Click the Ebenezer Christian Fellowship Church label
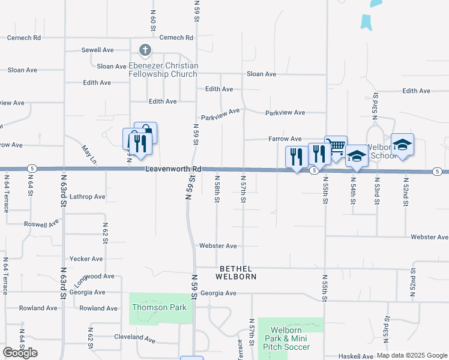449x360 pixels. point(163,70)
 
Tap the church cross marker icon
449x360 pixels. point(145,49)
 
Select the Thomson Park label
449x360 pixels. point(159,307)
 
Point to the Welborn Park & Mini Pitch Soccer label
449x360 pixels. point(290,338)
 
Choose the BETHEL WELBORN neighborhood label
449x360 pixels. point(237,272)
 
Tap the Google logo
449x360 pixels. point(20,352)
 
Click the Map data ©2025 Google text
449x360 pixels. point(412,355)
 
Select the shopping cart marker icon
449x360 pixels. point(336,146)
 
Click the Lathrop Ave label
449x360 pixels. point(88,196)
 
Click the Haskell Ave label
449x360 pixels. point(356,356)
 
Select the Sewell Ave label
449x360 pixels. point(98,50)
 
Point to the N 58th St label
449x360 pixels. point(217,190)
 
